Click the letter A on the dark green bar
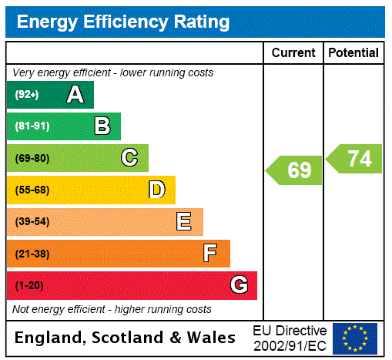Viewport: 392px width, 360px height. pyautogui.click(x=75, y=95)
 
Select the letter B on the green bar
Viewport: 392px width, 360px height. pyautogui.click(x=102, y=126)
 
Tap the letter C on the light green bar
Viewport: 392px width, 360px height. pyautogui.click(x=129, y=158)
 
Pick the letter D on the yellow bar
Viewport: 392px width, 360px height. pyautogui.click(x=156, y=190)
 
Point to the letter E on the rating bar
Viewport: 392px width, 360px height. pyautogui.click(x=184, y=222)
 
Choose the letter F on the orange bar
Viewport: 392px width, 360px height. pyautogui.click(x=210, y=254)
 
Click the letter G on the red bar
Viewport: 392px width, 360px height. pyautogui.click(x=239, y=285)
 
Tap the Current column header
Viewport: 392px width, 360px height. pyautogui.click(x=293, y=53)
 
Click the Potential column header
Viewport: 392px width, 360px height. pyautogui.click(x=353, y=53)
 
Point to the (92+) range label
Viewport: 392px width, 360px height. pyautogui.click(x=26, y=95)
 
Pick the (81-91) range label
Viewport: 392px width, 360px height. pyautogui.click(x=32, y=126)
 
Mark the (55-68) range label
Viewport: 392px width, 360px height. pyautogui.click(x=32, y=190)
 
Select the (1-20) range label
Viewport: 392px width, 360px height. pyautogui.click(x=29, y=285)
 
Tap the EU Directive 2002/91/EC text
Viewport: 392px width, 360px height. pyautogui.click(x=290, y=338)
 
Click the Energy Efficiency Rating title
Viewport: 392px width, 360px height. pyautogui.click(x=123, y=22)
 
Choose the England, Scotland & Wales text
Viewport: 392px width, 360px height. pyautogui.click(x=126, y=338)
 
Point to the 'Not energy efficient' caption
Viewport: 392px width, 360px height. pyautogui.click(x=112, y=309)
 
